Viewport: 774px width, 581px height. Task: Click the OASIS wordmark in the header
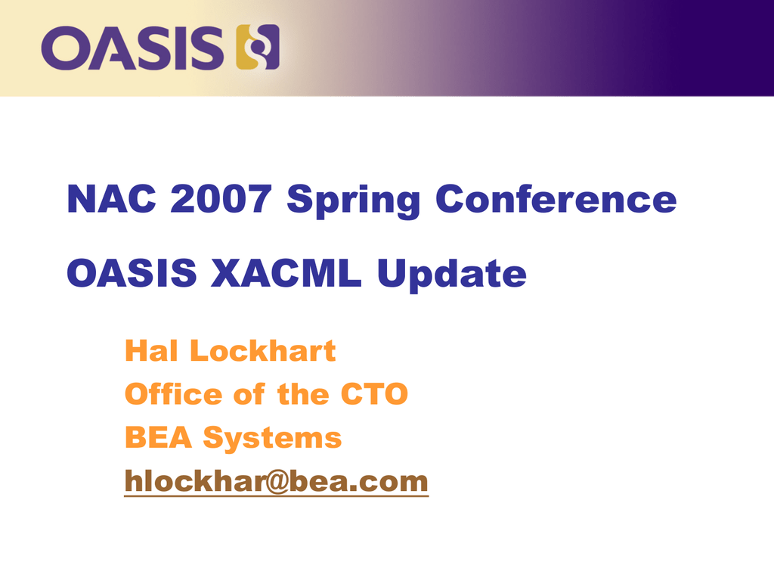[132, 48]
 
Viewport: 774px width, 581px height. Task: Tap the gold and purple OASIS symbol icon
[258, 47]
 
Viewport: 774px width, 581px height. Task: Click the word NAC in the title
[112, 199]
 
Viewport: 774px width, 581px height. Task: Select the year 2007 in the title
[221, 199]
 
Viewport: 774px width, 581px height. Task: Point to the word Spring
[354, 201]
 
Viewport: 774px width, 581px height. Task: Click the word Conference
[556, 199]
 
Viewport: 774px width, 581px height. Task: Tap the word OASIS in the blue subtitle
[132, 272]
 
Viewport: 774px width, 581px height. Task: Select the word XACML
[286, 272]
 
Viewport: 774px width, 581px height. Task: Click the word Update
[452, 275]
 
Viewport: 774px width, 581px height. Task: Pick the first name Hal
[151, 351]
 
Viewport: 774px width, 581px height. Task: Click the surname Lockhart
[262, 351]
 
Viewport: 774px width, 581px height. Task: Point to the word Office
[173, 393]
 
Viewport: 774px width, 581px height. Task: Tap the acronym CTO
[374, 393]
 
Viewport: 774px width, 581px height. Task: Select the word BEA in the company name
[158, 437]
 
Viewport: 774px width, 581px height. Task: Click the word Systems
[272, 439]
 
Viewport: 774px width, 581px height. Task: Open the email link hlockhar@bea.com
[277, 481]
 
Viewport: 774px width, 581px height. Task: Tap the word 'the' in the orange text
[303, 393]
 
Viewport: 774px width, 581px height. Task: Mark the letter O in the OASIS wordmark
[63, 48]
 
